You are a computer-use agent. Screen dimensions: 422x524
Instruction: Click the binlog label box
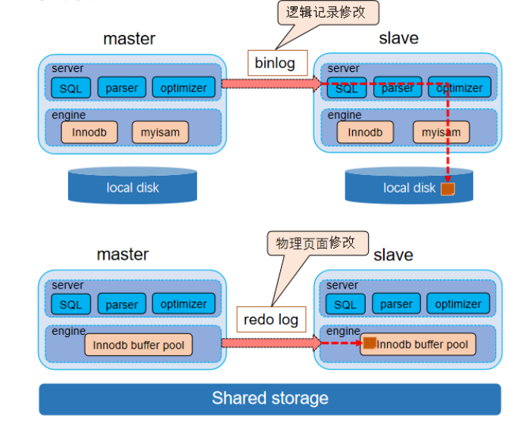tap(274, 63)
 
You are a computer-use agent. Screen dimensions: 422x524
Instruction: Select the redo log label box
tap(270, 320)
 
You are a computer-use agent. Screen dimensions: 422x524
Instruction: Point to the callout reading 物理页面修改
tap(316, 243)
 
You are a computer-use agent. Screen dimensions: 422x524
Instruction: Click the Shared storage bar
tap(270, 399)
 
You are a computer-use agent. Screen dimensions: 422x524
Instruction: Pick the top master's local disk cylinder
tap(133, 186)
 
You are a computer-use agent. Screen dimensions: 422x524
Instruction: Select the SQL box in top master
tap(70, 88)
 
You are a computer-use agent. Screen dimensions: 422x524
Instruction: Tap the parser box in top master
tap(121, 88)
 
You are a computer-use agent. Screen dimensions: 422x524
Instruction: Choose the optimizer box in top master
tap(183, 88)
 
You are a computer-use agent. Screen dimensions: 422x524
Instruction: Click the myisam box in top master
tap(160, 132)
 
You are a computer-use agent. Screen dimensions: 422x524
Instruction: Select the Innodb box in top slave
tap(365, 132)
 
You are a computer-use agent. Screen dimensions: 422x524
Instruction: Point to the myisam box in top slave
tap(441, 132)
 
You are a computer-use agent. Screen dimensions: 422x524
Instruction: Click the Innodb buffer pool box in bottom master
tap(138, 345)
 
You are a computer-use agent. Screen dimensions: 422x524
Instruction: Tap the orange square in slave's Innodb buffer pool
tap(369, 344)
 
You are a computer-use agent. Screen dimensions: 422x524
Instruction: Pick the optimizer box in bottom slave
tap(458, 304)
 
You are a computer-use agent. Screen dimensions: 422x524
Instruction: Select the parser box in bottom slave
tap(396, 304)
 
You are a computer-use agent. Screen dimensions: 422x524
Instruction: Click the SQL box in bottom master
tap(70, 305)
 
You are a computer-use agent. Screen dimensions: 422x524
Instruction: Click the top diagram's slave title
tap(398, 39)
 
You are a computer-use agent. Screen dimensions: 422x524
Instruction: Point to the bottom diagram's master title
tap(123, 255)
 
